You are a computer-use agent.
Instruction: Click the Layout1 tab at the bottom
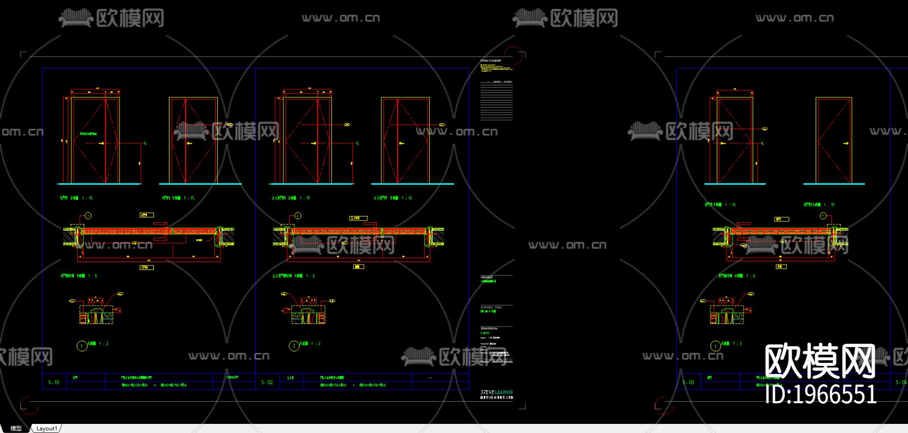46,428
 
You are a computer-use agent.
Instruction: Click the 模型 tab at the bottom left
16,428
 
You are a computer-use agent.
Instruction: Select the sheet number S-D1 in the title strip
53,382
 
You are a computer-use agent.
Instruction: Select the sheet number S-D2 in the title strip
267,382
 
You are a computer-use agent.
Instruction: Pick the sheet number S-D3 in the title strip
688,382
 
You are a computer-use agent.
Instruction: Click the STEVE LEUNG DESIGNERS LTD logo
496,394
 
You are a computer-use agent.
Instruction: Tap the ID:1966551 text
821,394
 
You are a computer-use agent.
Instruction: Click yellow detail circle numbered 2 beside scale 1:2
294,346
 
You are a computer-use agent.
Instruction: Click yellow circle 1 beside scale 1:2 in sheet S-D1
82,346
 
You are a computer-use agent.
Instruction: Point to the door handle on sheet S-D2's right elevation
401,144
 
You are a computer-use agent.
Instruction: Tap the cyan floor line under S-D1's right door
200,184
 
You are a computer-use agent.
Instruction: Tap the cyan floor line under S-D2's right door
412,184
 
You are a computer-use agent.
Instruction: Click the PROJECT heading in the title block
487,277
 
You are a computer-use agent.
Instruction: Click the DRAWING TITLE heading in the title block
491,307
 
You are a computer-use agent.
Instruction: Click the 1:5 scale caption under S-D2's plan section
310,276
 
